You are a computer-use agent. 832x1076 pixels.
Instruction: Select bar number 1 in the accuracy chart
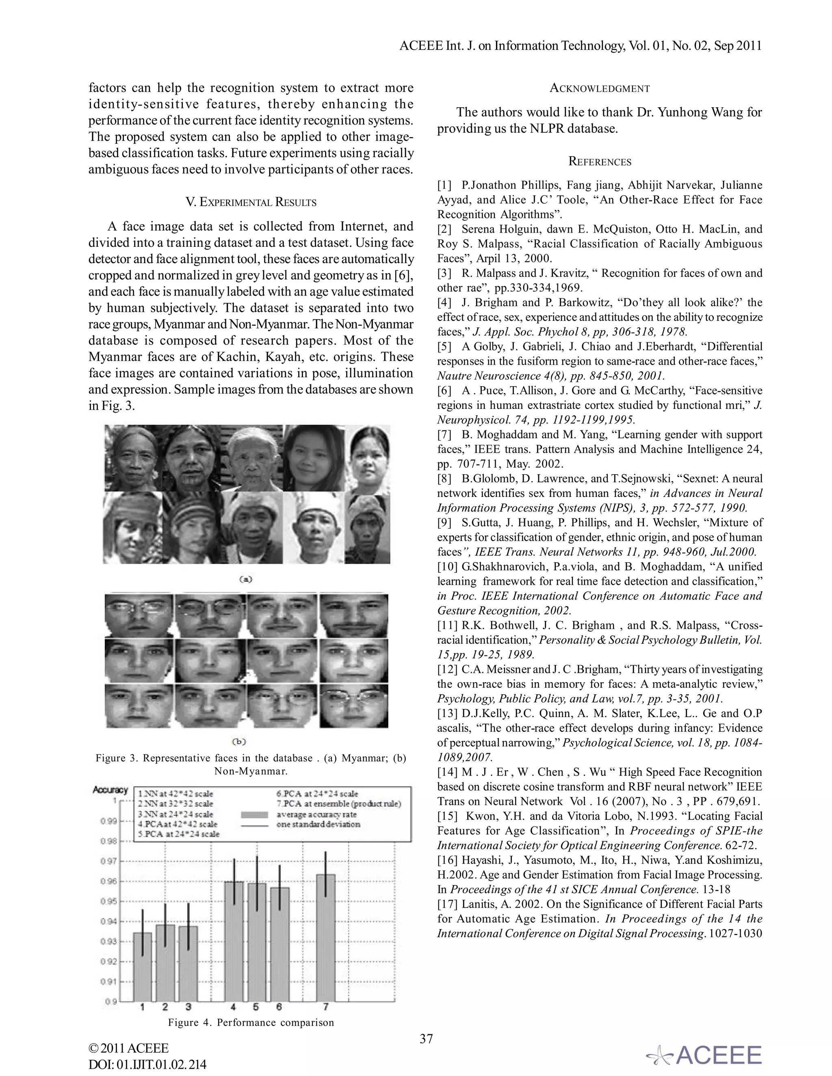coord(143,966)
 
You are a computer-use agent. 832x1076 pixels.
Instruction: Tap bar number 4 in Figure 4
coord(234,941)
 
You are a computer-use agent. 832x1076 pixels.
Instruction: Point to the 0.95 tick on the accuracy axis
coord(109,901)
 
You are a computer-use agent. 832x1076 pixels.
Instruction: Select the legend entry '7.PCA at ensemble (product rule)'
coord(339,804)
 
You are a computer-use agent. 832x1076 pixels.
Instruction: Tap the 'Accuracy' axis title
coord(110,790)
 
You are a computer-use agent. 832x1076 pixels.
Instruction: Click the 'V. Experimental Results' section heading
coord(251,202)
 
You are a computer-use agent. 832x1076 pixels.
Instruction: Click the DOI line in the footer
coord(147,1064)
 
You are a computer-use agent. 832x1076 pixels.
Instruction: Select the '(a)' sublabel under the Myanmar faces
coord(245,579)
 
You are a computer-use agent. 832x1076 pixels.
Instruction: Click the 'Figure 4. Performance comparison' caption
coord(251,1023)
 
